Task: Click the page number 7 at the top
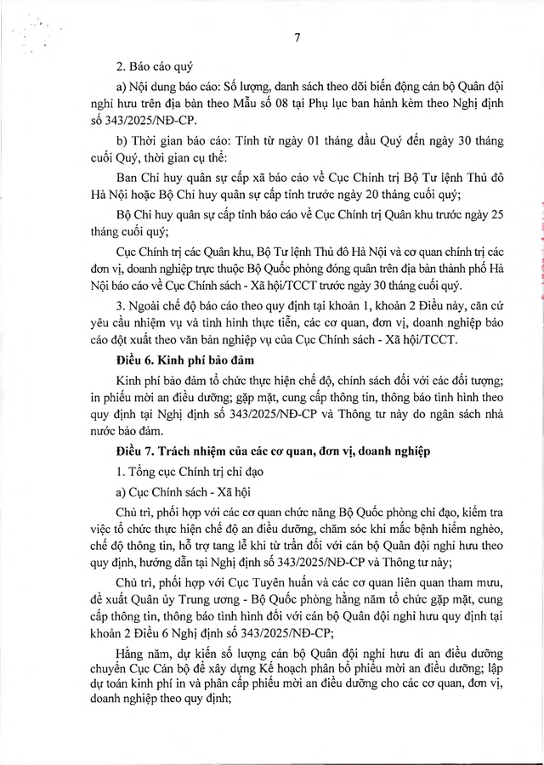coord(297,37)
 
